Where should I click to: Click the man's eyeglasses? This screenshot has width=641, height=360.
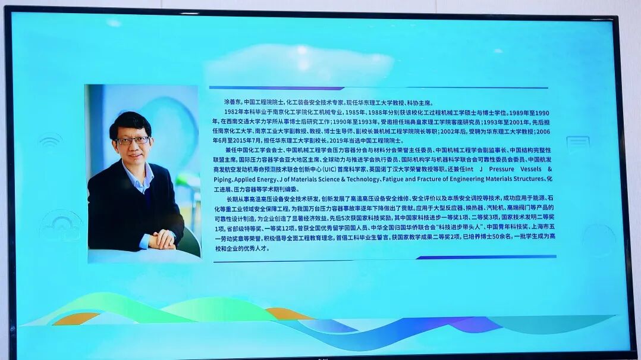(x=133, y=141)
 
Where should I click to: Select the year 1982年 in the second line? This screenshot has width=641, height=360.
(x=234, y=112)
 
